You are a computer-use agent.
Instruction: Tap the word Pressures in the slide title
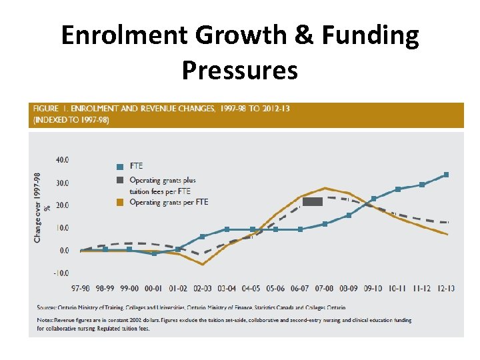pyautogui.click(x=239, y=69)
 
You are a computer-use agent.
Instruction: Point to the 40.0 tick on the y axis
pyautogui.click(x=62, y=160)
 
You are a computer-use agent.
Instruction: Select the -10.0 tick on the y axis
pyautogui.click(x=61, y=273)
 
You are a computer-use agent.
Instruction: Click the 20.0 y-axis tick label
pyautogui.click(x=62, y=205)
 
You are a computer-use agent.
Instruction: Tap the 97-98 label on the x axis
pyautogui.click(x=81, y=288)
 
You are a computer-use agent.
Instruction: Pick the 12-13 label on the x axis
pyautogui.click(x=447, y=288)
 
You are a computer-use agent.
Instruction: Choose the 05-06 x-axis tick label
pyautogui.click(x=276, y=288)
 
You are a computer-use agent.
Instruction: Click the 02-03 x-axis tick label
pyautogui.click(x=203, y=288)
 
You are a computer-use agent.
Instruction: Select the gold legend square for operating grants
pyautogui.click(x=120, y=202)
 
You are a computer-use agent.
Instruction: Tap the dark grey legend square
pyautogui.click(x=120, y=180)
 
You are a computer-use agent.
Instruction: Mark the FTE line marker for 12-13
pyautogui.click(x=446, y=175)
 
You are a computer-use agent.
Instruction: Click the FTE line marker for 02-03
pyautogui.click(x=203, y=237)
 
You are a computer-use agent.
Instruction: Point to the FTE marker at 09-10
pyautogui.click(x=373, y=199)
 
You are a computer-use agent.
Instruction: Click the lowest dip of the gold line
pyautogui.click(x=203, y=264)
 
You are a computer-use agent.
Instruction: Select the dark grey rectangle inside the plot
pyautogui.click(x=313, y=201)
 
